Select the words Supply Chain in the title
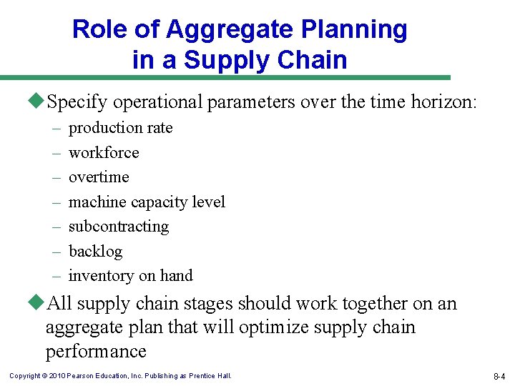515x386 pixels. pos(265,60)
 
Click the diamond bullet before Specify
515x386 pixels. pos(39,102)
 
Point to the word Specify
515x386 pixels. pos(74,103)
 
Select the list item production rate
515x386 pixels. pos(120,128)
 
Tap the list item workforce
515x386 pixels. pos(104,152)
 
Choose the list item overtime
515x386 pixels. pos(99,177)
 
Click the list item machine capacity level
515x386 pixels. pos(147,202)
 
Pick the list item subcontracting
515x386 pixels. pos(119,227)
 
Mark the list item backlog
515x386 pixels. pos(95,252)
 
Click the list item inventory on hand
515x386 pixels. pos(130,276)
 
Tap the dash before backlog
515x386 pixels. pos(56,252)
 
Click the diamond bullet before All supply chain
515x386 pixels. pos(39,303)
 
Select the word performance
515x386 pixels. pos(96,352)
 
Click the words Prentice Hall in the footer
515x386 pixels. pos(210,376)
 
